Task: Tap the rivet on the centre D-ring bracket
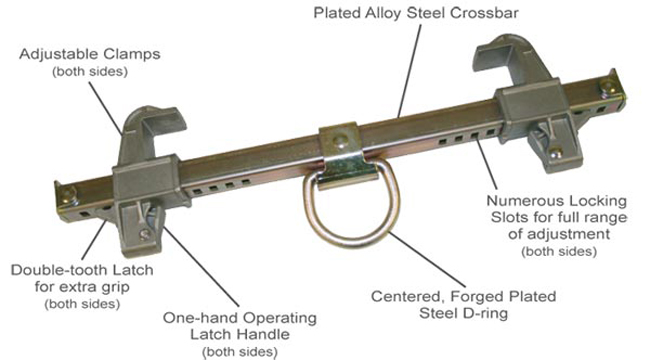point(341,141)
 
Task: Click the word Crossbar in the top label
point(484,13)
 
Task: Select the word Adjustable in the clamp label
point(59,54)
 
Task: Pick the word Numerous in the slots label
point(517,201)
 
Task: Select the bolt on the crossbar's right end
point(606,88)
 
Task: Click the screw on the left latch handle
point(145,235)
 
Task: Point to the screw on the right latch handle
point(555,153)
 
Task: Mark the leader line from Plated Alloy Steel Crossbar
point(409,71)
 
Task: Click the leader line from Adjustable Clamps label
point(106,108)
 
